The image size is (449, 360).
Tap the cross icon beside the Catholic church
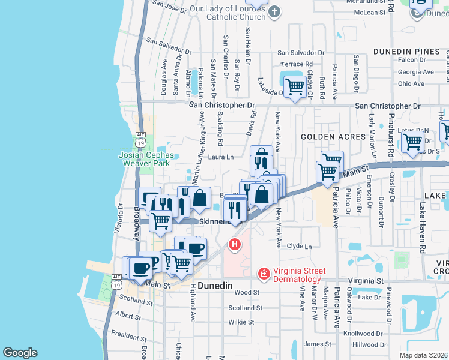274,12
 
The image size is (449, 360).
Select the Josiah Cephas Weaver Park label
148,159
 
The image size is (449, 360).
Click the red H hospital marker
235,245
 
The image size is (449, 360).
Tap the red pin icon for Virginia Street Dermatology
263,274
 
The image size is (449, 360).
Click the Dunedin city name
215,287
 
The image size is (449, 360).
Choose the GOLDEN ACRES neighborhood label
333,137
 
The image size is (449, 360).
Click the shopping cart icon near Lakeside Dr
294,88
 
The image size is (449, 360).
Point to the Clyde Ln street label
300,246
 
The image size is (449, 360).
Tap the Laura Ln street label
221,157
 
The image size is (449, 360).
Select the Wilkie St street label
241,322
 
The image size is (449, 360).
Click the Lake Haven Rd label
423,217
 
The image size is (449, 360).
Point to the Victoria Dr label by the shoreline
119,217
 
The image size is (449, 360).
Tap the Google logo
20,353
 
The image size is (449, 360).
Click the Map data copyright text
423,355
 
